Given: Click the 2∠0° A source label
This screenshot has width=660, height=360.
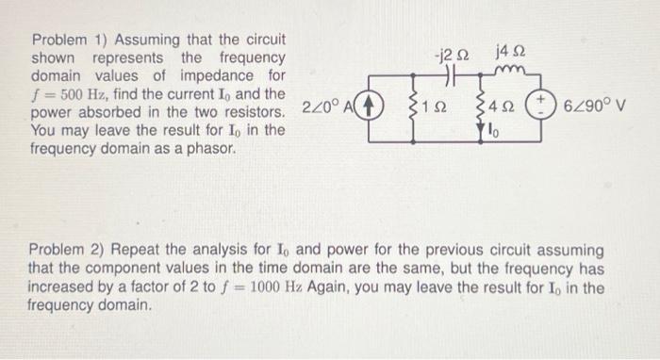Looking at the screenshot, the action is click(x=327, y=106).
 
